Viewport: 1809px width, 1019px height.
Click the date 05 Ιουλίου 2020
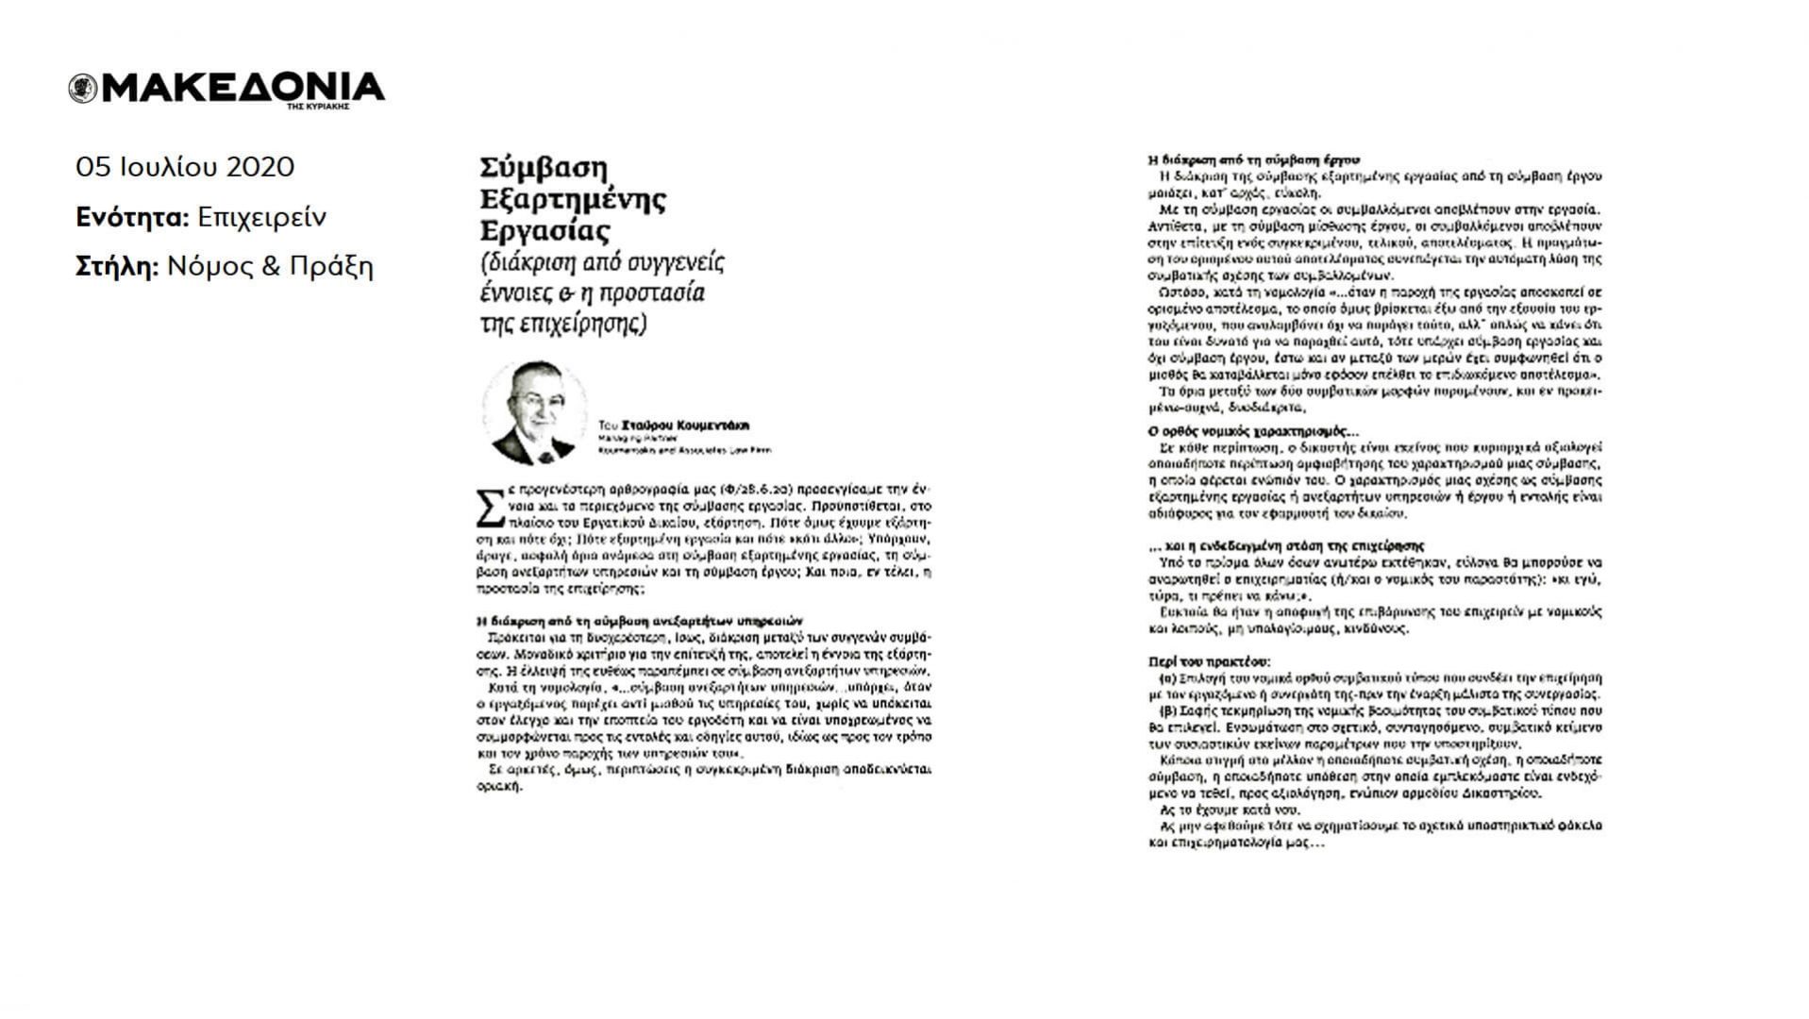185,167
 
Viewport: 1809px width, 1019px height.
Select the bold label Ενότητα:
133,217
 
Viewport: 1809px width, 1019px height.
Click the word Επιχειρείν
261,217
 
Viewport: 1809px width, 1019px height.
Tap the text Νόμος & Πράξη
270,267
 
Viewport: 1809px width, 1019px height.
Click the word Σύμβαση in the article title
544,168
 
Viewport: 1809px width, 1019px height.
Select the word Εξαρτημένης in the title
573,199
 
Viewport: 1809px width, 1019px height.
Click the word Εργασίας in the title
545,231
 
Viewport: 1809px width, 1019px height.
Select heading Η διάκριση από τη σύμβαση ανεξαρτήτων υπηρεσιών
639,621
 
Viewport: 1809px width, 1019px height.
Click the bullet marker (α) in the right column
1166,678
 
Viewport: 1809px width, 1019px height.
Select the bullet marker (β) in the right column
1166,710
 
